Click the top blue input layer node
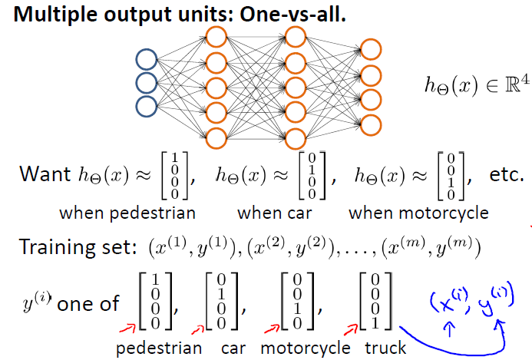[x=146, y=59]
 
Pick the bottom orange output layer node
[x=372, y=124]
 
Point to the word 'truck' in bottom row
[x=385, y=348]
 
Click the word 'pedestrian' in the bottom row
[x=159, y=348]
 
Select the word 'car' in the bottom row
[x=233, y=348]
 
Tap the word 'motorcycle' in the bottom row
[x=306, y=348]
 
